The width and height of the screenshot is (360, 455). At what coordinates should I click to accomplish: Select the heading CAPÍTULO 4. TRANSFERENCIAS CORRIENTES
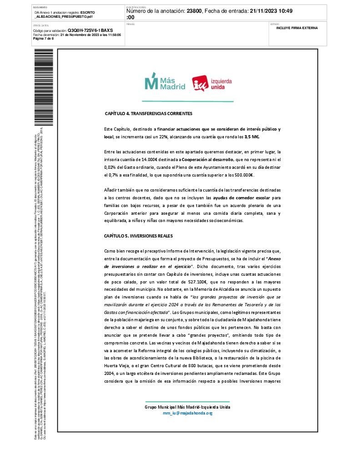click(149, 113)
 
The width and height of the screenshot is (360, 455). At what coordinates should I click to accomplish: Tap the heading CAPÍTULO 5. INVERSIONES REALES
click(138, 236)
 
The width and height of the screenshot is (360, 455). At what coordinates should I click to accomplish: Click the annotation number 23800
click(194, 11)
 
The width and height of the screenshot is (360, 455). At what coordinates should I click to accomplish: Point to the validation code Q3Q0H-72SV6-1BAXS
click(90, 30)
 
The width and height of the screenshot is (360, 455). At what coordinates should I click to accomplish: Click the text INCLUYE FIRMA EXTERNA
click(297, 28)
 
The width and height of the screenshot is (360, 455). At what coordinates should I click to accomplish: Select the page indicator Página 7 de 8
click(44, 38)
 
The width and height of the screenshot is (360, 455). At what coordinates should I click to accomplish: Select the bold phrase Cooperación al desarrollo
click(207, 160)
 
